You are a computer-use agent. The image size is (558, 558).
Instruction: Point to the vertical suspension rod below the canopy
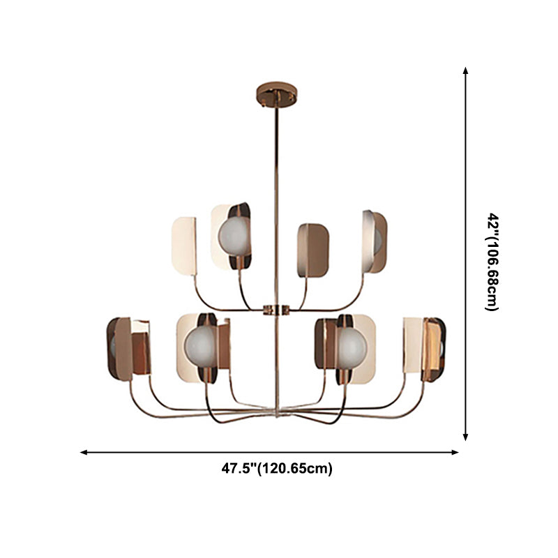pyautogui.click(x=277, y=195)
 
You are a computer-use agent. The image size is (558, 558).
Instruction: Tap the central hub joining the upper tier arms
pyautogui.click(x=277, y=309)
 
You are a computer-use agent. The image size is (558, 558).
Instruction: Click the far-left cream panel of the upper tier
pyautogui.click(x=184, y=242)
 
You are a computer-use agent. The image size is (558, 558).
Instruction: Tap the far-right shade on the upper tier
pyautogui.click(x=375, y=241)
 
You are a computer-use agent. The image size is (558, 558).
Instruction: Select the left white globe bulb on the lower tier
pyautogui.click(x=199, y=345)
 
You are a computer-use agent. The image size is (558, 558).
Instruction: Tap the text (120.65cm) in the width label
pyautogui.click(x=295, y=469)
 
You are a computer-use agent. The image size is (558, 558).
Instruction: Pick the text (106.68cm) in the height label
pyautogui.click(x=492, y=276)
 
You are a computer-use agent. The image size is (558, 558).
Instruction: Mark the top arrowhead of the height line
pyautogui.click(x=466, y=70)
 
